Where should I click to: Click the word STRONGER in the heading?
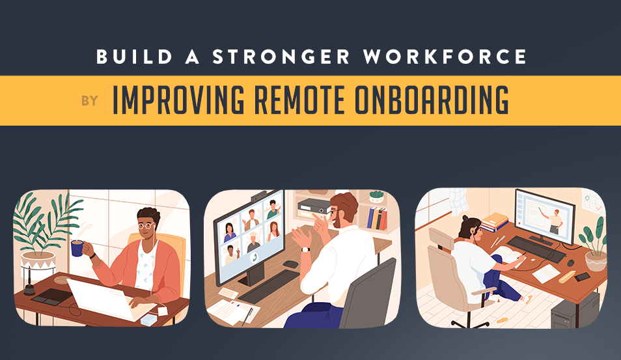pos(281,57)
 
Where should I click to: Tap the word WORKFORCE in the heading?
pos(445,57)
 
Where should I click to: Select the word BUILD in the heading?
pos(134,57)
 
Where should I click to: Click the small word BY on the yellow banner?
pos(90,101)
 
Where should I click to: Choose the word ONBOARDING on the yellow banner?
pos(432,100)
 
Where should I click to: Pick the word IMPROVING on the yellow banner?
pos(178,100)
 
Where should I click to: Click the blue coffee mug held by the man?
pos(77,248)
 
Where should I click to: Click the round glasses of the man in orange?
pos(146,226)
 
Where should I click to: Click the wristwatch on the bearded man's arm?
pos(305,249)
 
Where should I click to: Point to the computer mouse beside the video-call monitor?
pos(290,264)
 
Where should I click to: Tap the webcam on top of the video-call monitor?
pos(260,196)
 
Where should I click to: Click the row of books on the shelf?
pos(377,218)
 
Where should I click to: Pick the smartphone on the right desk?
pos(582,277)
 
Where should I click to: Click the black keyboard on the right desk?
pos(537,249)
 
